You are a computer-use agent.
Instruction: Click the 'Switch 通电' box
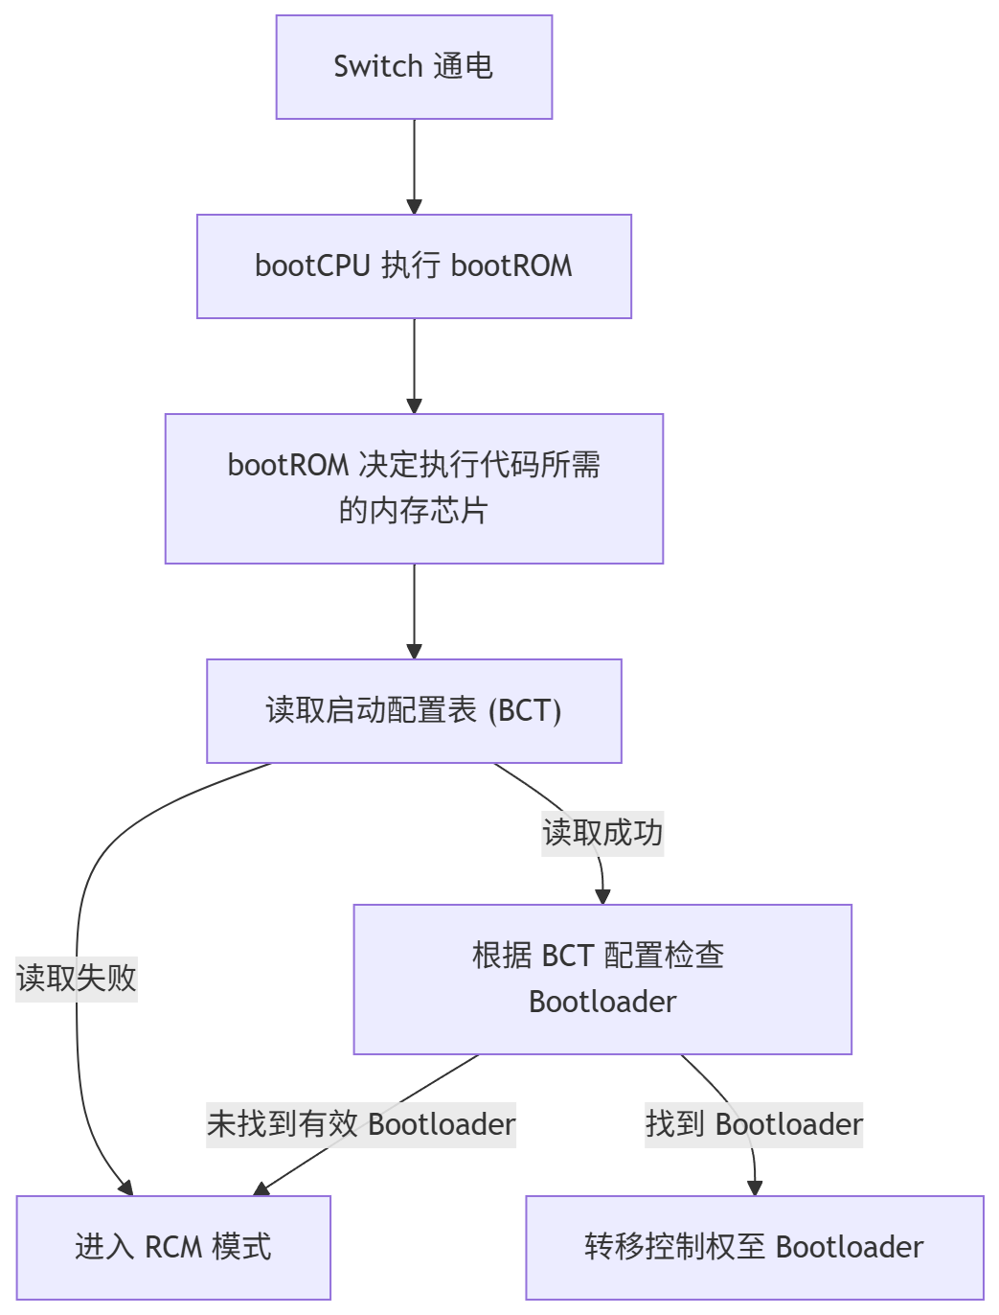coord(414,67)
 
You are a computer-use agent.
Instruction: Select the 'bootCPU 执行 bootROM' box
coord(414,266)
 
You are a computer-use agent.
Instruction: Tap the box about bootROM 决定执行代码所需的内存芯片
coord(414,489)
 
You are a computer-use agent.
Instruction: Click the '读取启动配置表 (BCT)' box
coord(414,711)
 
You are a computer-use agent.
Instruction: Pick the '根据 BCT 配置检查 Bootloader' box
coord(602,980)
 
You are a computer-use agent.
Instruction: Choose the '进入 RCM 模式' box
coord(173,1248)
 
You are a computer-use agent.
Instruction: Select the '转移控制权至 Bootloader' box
coord(755,1248)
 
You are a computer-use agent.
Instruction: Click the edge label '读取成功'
coord(602,833)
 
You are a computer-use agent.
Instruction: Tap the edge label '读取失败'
coord(77,979)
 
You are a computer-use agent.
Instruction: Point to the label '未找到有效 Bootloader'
coord(361,1124)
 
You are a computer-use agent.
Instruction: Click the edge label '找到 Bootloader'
coord(754,1124)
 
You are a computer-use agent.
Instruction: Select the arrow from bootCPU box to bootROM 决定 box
coord(414,365)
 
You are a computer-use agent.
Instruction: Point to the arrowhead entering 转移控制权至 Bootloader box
coord(755,1188)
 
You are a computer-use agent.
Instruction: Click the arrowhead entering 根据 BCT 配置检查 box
coord(602,897)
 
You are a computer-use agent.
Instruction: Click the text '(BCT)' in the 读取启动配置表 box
coord(525,711)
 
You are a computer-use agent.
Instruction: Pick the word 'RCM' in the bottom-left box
coord(173,1248)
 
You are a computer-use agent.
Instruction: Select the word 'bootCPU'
coord(312,266)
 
